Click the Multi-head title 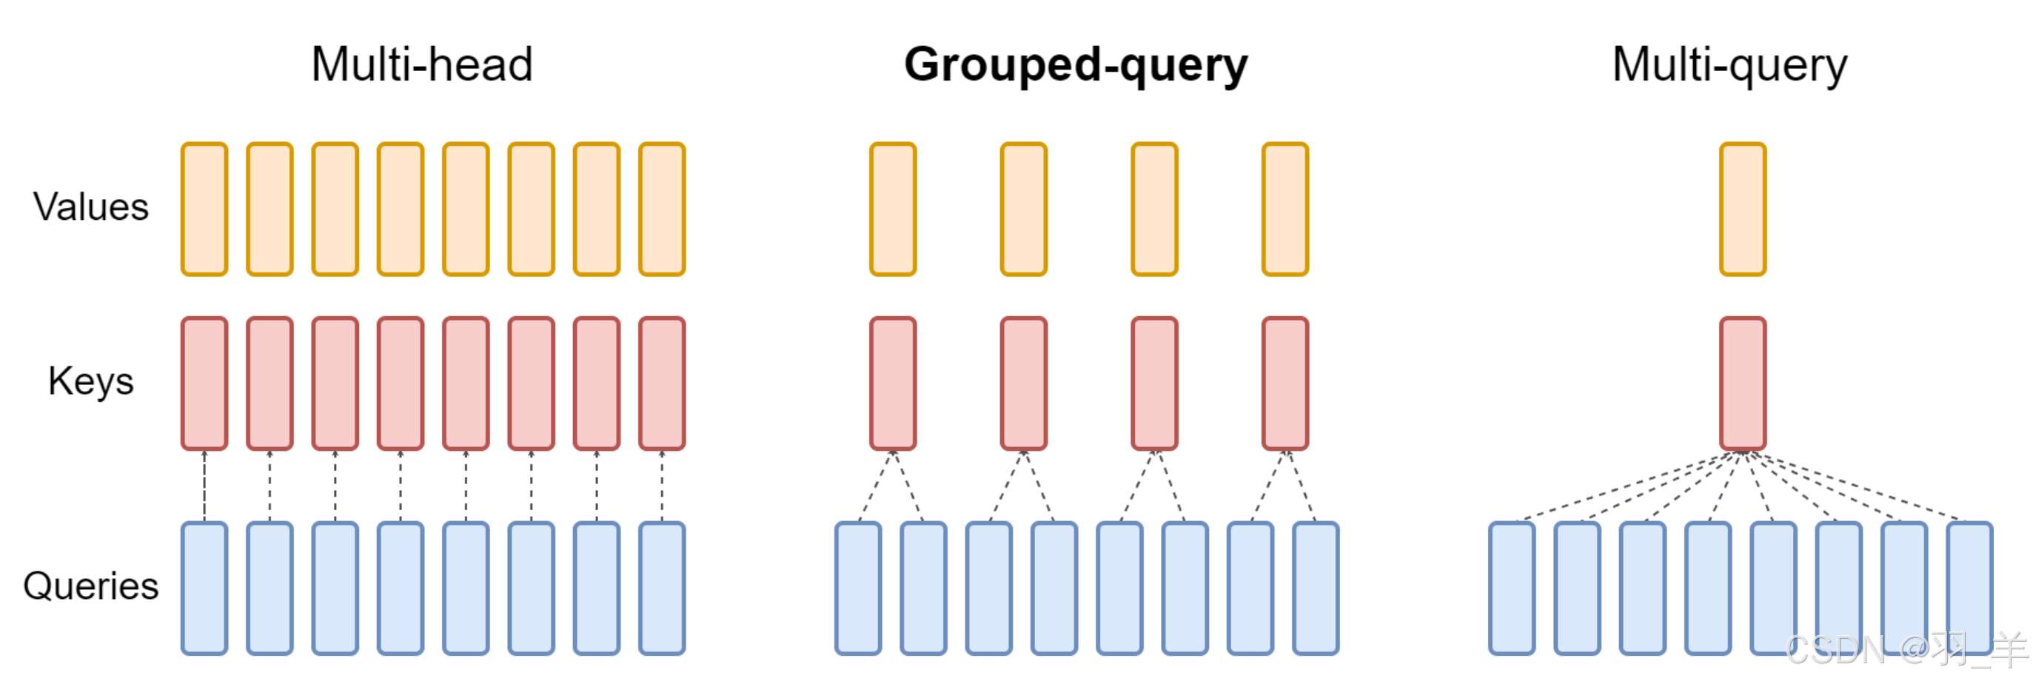[422, 64]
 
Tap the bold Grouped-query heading [1076, 64]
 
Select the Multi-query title [1729, 64]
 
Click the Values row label [91, 207]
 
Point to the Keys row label [91, 382]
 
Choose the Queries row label [91, 586]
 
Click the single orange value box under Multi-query [1743, 209]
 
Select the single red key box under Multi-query [1743, 383]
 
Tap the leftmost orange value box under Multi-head [204, 209]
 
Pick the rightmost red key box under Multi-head [662, 383]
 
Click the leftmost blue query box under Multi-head [204, 588]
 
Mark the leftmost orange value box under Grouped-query [893, 209]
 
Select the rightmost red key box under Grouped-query [1285, 383]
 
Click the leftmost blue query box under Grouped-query [858, 588]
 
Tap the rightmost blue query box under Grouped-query [1316, 588]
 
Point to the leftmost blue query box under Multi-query [1511, 588]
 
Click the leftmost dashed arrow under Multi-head [204, 486]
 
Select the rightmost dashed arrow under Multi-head [662, 486]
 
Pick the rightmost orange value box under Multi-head [662, 209]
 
